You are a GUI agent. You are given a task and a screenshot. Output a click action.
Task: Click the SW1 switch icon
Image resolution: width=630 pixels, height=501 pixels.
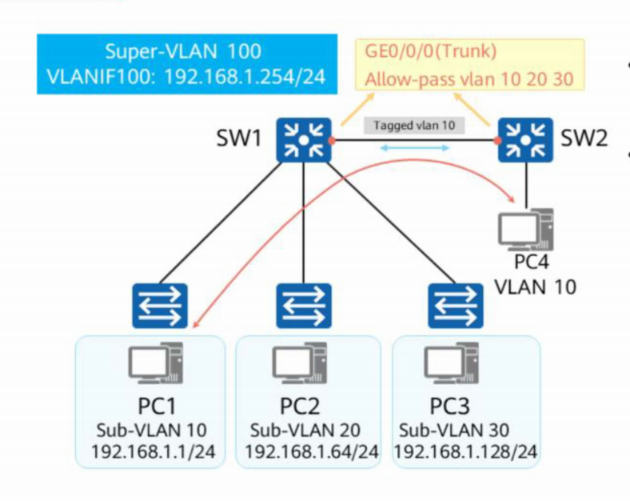pyautogui.click(x=304, y=140)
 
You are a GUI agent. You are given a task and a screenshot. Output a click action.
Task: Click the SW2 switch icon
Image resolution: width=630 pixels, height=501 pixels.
pyautogui.click(x=525, y=140)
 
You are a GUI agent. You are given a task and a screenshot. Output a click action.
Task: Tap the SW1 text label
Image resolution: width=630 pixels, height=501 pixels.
pyautogui.click(x=239, y=138)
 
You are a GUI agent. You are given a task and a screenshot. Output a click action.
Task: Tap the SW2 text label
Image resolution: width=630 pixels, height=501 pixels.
pyautogui.click(x=584, y=138)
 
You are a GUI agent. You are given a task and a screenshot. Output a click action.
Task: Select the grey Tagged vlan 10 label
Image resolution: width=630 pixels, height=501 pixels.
pyautogui.click(x=414, y=126)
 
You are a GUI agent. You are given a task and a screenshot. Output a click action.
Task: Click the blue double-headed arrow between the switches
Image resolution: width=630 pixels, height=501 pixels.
pyautogui.click(x=414, y=148)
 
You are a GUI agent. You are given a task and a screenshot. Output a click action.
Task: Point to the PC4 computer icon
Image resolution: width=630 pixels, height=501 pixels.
pyautogui.click(x=526, y=230)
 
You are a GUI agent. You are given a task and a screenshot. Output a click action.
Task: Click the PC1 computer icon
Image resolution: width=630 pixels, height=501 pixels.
pyautogui.click(x=156, y=363)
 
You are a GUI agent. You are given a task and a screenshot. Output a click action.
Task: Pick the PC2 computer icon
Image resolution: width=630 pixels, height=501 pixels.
pyautogui.click(x=300, y=363)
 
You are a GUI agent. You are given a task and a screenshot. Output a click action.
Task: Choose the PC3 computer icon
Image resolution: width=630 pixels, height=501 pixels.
pyautogui.click(x=452, y=363)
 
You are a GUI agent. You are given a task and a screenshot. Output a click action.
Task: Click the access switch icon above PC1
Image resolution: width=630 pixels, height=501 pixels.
pyautogui.click(x=160, y=306)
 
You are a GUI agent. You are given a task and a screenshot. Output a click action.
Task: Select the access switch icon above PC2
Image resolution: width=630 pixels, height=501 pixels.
pyautogui.click(x=304, y=306)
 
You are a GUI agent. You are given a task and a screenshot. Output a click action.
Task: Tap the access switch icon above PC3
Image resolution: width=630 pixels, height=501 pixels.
pyautogui.click(x=456, y=306)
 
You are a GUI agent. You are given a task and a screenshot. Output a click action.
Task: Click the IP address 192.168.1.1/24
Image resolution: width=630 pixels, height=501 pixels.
pyautogui.click(x=153, y=451)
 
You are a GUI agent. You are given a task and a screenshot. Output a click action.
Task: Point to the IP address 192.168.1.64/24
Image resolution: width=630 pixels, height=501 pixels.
pyautogui.click(x=311, y=451)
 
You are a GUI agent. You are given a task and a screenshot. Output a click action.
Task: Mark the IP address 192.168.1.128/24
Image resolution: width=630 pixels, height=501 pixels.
pyautogui.click(x=465, y=451)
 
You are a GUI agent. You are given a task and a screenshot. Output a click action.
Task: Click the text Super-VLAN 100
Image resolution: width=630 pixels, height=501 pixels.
pyautogui.click(x=183, y=51)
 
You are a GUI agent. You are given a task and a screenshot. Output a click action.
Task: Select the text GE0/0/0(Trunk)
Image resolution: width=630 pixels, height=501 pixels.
pyautogui.click(x=431, y=51)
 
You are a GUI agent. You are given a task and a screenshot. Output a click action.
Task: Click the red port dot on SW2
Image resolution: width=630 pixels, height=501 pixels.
pyautogui.click(x=498, y=140)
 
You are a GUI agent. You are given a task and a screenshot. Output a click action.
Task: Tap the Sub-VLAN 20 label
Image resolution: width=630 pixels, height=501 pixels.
pyautogui.click(x=305, y=431)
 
